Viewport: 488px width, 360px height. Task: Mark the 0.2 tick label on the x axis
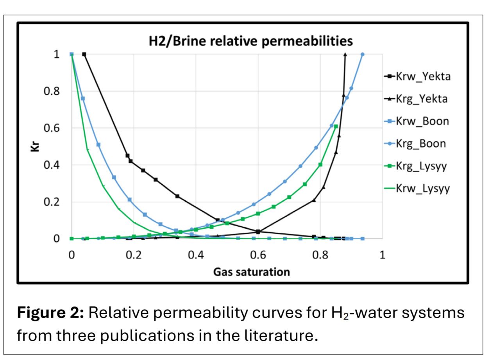[x=134, y=254]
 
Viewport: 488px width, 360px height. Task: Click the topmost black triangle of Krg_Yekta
[x=345, y=54]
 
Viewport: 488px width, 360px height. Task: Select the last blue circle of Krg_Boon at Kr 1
[x=363, y=54]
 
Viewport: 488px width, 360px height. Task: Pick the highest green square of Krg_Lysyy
[x=336, y=126]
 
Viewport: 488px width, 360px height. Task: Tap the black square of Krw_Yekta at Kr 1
[x=84, y=54]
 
